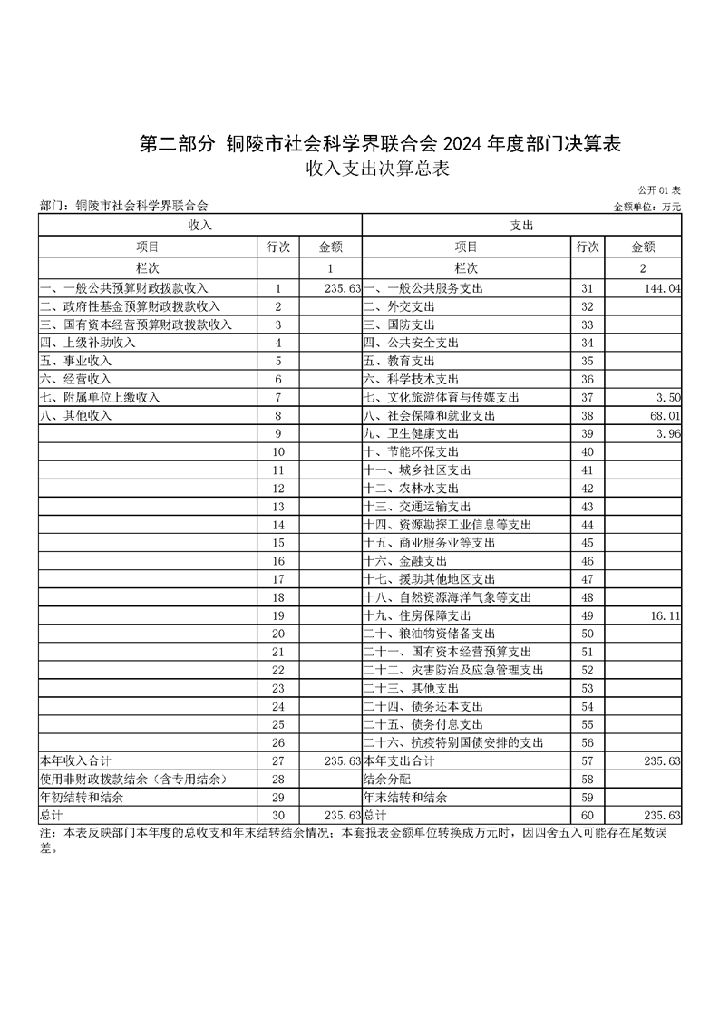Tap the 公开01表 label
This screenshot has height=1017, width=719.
point(659,190)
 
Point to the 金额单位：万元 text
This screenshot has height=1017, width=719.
point(647,207)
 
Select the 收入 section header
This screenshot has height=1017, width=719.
point(199,224)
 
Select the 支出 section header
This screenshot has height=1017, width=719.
point(521,224)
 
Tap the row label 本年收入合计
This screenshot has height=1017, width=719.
point(75,761)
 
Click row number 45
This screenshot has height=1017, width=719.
point(587,543)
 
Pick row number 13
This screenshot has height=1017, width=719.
point(278,507)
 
